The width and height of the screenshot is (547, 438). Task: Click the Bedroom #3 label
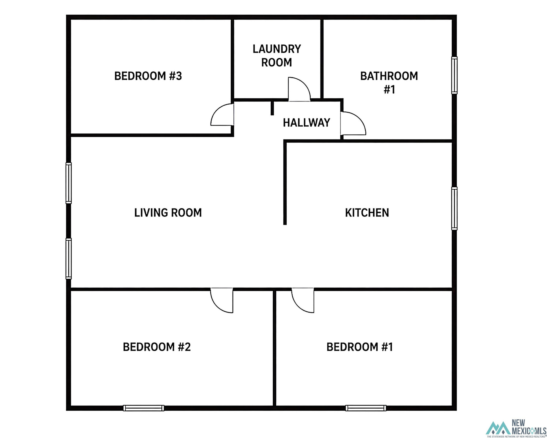[x=148, y=76]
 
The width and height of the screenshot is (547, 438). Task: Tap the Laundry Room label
[x=277, y=56]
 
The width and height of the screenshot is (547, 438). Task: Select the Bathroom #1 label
[x=389, y=83]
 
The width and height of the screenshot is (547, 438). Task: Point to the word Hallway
[x=307, y=123]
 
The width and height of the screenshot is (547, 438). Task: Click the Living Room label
[x=168, y=213]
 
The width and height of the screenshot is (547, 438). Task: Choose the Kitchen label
[x=367, y=213]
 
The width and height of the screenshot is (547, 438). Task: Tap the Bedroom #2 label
[x=157, y=347]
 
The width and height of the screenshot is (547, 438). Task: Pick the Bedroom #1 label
[x=360, y=347]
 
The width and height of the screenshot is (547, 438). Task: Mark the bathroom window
[x=454, y=75]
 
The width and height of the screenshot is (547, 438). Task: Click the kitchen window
[x=454, y=208]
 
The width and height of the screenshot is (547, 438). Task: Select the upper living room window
[x=69, y=183]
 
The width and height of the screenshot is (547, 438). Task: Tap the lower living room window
[x=69, y=259]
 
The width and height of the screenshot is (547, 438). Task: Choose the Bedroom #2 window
[x=144, y=408]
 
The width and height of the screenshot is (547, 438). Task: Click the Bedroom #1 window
[x=366, y=408]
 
